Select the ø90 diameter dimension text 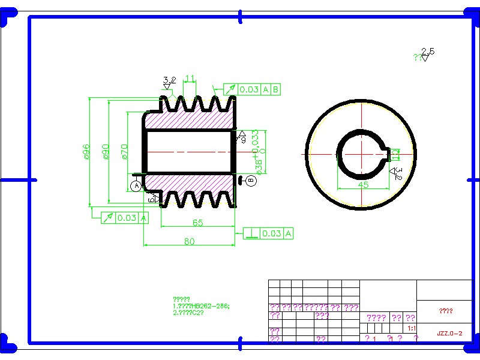(x=106, y=152)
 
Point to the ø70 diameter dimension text (x=125, y=152)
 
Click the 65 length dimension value (x=197, y=223)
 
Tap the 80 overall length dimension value (x=189, y=241)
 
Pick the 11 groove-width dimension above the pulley (x=190, y=79)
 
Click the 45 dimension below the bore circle (x=363, y=185)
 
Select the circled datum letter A (x=136, y=186)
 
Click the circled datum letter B (x=251, y=180)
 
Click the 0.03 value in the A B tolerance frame (x=249, y=89)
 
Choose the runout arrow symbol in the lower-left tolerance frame (x=108, y=218)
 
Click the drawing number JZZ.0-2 (x=449, y=333)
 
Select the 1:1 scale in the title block (x=412, y=329)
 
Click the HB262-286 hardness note (x=201, y=306)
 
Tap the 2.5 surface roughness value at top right (x=428, y=52)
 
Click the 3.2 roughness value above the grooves (x=170, y=80)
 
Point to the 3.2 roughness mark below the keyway (x=397, y=173)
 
